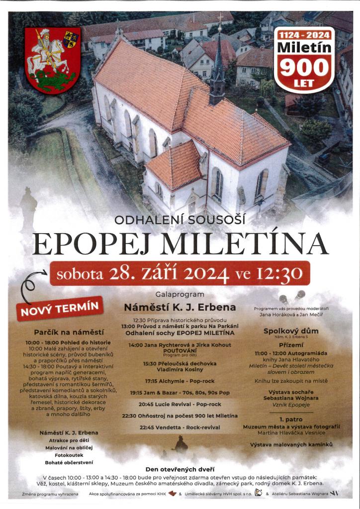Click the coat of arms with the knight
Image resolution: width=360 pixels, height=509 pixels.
point(52,61)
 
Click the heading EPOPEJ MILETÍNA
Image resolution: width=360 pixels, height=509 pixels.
point(180,244)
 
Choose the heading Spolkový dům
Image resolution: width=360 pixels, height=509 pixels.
point(290,331)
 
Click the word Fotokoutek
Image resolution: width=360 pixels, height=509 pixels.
point(69,454)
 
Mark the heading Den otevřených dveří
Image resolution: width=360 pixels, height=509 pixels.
point(180,469)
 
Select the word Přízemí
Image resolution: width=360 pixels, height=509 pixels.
point(290,343)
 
